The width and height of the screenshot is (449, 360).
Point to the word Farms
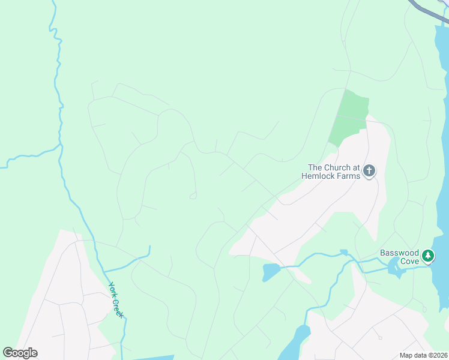(x=350, y=176)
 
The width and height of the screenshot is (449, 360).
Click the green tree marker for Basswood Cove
(x=427, y=257)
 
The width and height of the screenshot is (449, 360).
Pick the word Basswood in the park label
(x=399, y=253)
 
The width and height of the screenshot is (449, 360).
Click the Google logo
(x=20, y=353)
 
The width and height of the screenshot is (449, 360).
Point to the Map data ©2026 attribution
(x=423, y=355)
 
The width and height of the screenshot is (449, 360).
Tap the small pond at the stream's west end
(x=270, y=271)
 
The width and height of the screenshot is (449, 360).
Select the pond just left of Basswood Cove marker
(x=396, y=269)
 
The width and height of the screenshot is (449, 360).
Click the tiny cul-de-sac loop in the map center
(x=193, y=196)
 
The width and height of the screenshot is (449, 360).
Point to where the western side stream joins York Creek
(x=61, y=145)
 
